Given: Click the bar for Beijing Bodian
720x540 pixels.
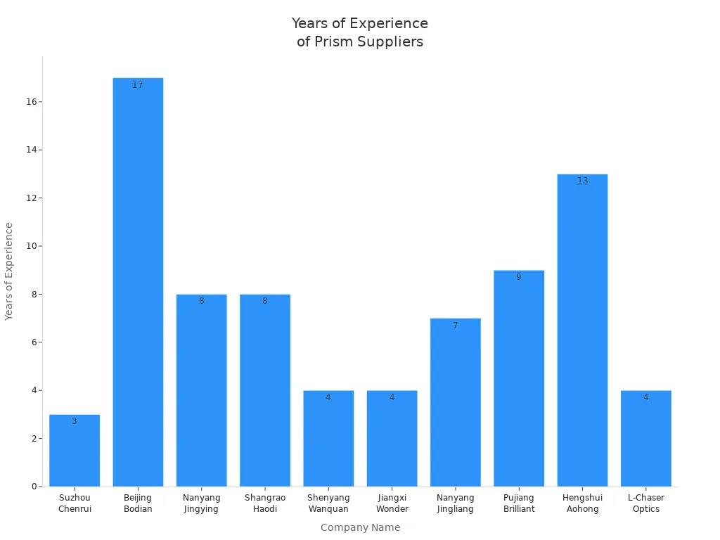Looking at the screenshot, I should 138,281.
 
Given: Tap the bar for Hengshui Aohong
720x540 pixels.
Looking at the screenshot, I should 582,330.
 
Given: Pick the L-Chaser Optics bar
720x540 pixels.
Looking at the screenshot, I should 645,439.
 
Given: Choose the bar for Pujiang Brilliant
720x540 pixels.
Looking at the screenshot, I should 519,380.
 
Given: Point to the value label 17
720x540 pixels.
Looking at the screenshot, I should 138,85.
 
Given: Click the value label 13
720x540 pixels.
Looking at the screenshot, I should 582,181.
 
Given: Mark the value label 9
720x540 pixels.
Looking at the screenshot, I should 519,277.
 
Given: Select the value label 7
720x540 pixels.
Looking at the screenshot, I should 455,326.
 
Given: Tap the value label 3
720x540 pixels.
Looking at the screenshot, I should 75,421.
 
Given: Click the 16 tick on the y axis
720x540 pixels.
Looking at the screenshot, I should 32,102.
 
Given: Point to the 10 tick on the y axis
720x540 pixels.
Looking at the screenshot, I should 32,246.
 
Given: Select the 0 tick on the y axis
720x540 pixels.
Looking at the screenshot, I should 34,487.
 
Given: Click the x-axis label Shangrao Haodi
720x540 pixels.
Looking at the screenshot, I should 265,503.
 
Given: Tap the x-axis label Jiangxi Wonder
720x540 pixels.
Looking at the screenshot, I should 392,503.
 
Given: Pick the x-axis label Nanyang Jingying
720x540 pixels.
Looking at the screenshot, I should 201,503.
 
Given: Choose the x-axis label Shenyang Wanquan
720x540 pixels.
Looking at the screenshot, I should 328,503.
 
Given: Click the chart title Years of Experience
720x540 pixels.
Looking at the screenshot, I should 360,32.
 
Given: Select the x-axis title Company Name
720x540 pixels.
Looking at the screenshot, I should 360,527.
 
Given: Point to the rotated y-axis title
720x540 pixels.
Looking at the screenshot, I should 9,271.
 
